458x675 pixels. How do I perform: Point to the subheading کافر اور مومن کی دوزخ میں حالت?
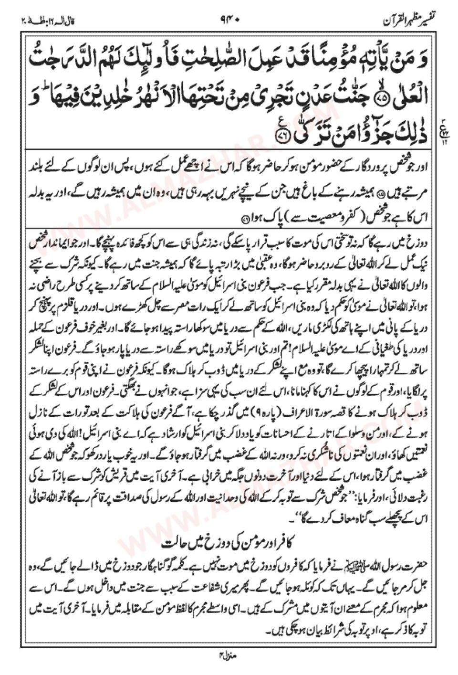click(229, 543)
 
